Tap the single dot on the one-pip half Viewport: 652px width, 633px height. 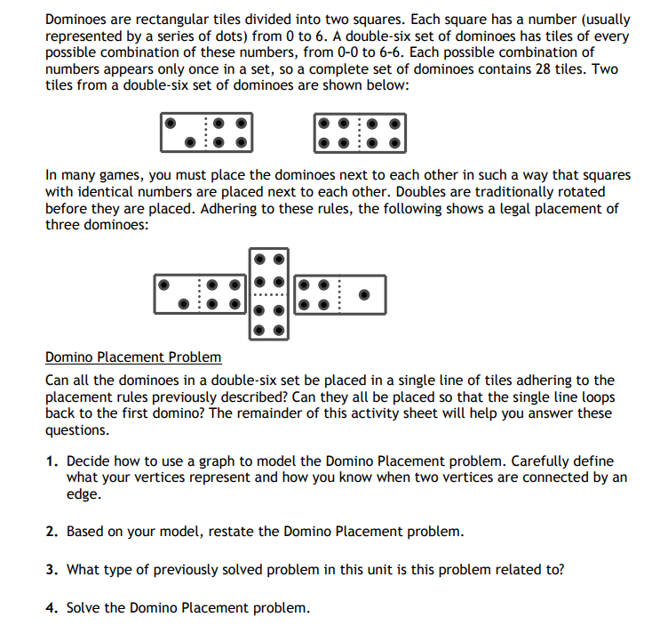[x=362, y=293]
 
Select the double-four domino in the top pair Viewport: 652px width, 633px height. [x=360, y=132]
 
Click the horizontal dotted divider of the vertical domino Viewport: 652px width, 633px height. [x=269, y=294]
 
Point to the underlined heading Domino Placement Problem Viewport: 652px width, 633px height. [x=133, y=357]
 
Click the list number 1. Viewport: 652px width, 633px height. [x=52, y=462]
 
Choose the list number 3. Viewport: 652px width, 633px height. [x=52, y=570]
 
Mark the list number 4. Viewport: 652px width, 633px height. [x=52, y=608]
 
